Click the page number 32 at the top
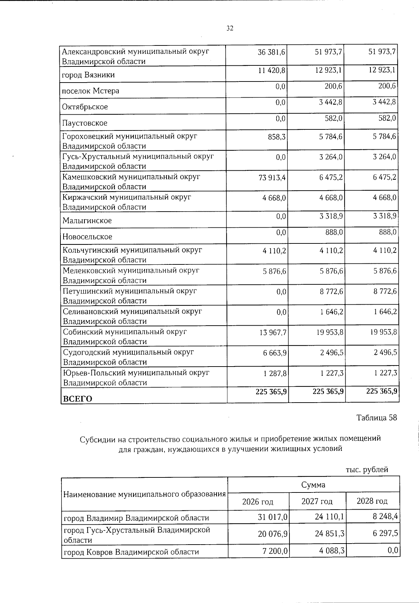229,28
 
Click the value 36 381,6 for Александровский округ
271,52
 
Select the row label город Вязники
88,75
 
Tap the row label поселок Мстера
90,91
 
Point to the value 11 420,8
272,70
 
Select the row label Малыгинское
87,221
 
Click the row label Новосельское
87,237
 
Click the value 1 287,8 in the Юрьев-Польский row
275,373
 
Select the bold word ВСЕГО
77,399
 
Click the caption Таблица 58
376,418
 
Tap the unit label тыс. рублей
367,470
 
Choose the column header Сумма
313,485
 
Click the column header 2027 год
317,501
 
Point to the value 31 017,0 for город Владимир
272,517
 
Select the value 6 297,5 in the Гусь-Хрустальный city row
383,533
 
